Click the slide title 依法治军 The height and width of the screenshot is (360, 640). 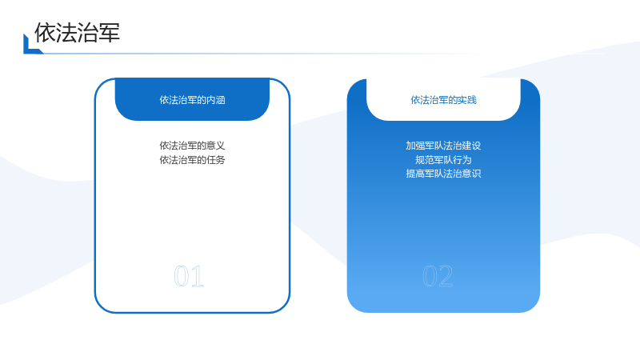77,33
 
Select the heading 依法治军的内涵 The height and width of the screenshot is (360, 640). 192,100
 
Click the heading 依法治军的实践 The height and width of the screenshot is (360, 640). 444,100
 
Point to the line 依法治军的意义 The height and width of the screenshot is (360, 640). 192,146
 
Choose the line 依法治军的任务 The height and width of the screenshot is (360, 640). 192,159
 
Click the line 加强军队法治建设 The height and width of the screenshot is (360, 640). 443,146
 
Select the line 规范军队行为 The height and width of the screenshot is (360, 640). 443,159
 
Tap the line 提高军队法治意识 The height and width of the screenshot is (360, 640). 443,174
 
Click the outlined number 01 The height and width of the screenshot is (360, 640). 189,276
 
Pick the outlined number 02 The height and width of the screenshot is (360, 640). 438,276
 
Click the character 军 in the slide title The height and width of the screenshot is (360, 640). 109,33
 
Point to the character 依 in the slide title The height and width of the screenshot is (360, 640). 45,33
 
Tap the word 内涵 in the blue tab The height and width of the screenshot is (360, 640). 216,100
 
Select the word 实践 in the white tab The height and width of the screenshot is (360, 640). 467,100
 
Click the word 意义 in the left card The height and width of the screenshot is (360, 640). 216,146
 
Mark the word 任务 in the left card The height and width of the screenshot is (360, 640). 216,159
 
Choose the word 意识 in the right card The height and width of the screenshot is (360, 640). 472,174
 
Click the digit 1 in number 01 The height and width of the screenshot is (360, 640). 197,276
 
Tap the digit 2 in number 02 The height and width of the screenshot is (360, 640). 446,276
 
